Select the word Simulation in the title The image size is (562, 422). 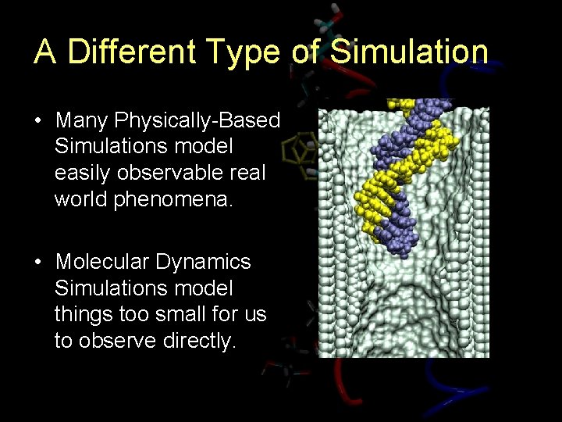(409, 52)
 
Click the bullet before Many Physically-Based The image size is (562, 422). (37, 121)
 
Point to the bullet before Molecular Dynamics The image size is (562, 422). (37, 262)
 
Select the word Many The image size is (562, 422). (82, 120)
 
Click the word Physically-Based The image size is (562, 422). (197, 120)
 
